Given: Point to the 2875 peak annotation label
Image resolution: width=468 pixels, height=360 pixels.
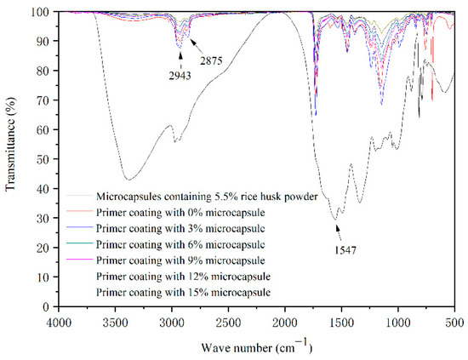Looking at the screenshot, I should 213,59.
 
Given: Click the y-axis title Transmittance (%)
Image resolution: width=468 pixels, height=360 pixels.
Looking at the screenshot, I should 10,158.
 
